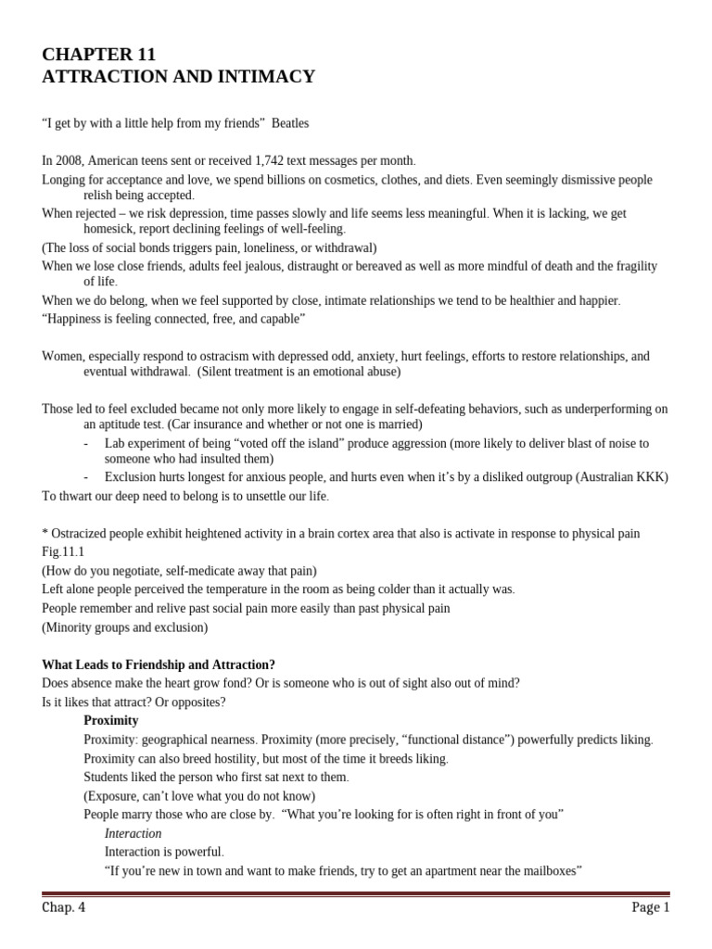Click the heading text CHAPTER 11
click(x=99, y=55)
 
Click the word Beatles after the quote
click(x=290, y=123)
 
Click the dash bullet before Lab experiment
click(x=86, y=443)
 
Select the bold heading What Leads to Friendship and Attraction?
click(x=159, y=664)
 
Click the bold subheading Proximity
click(x=110, y=720)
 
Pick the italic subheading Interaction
click(x=133, y=833)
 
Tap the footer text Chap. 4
click(x=64, y=907)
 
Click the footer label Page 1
click(x=650, y=907)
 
